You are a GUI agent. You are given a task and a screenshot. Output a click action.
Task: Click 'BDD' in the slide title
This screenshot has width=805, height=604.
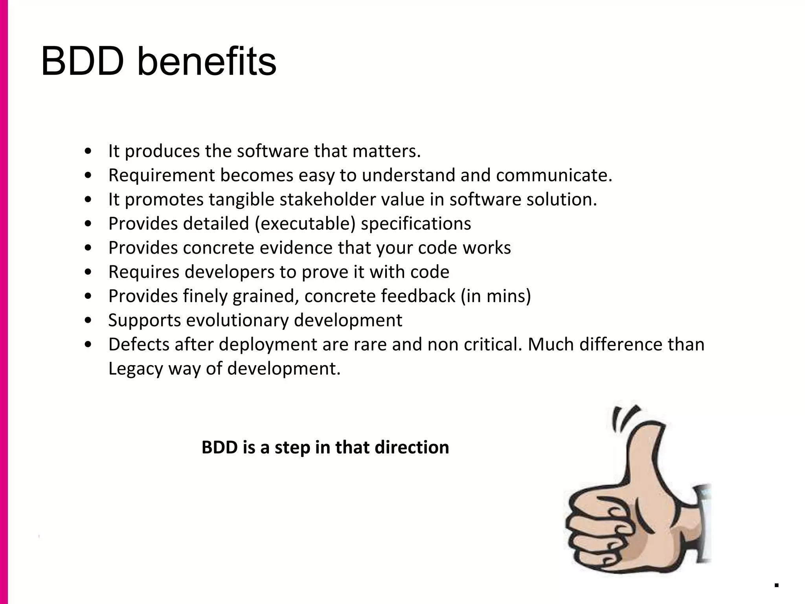83,62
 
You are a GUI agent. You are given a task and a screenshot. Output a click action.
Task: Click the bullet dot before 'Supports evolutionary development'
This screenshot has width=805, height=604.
88,320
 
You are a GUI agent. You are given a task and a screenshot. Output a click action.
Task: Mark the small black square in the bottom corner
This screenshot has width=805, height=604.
776,586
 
